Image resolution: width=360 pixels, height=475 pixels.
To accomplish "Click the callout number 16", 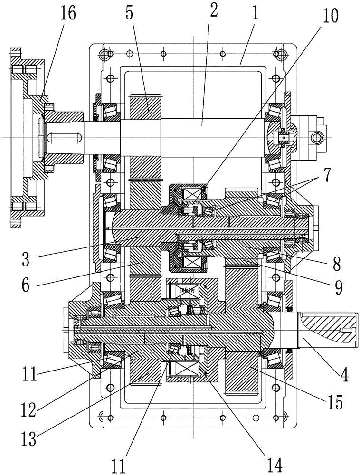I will pyautogui.click(x=68, y=14).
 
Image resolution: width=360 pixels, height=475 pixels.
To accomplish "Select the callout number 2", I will pyautogui.click(x=213, y=12).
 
